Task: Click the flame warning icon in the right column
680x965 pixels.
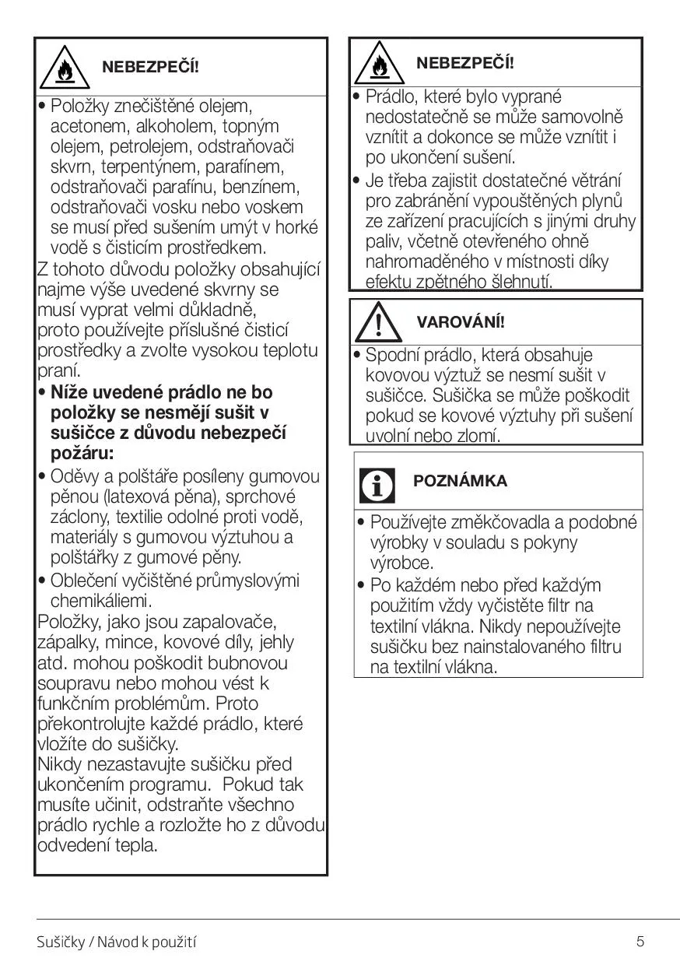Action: pyautogui.click(x=378, y=65)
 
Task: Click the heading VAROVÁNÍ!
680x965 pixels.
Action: pyautogui.click(x=461, y=322)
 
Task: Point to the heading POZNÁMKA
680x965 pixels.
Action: pyautogui.click(x=460, y=481)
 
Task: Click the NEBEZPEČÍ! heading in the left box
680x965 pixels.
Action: pyautogui.click(x=151, y=67)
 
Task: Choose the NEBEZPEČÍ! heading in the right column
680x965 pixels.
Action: pyautogui.click(x=465, y=63)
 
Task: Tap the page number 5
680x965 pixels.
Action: pyautogui.click(x=640, y=942)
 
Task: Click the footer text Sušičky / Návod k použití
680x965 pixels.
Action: pyautogui.click(x=117, y=942)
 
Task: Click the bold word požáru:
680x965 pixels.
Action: pyautogui.click(x=82, y=453)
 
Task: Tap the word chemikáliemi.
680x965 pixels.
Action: pyautogui.click(x=100, y=601)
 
